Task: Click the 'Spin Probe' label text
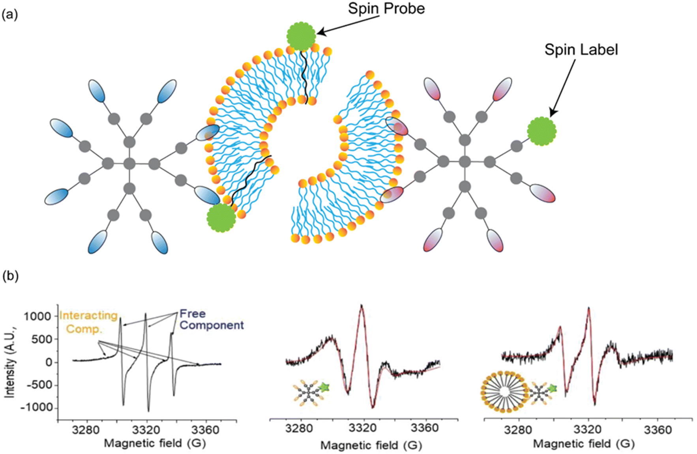(386, 9)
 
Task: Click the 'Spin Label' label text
(581, 50)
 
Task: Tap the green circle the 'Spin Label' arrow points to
(541, 131)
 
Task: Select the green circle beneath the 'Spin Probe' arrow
(301, 36)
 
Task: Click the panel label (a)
(10, 15)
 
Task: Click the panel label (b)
(11, 276)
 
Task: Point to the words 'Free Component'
(211, 319)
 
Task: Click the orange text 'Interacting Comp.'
(88, 322)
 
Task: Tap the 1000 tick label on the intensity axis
(37, 316)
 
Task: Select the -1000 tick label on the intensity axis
(36, 407)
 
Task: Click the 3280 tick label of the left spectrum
(86, 430)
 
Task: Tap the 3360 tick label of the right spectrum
(658, 430)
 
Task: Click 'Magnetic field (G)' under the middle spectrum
(371, 445)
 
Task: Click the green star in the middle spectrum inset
(324, 387)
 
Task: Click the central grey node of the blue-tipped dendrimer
(129, 163)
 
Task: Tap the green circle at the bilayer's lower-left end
(221, 217)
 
